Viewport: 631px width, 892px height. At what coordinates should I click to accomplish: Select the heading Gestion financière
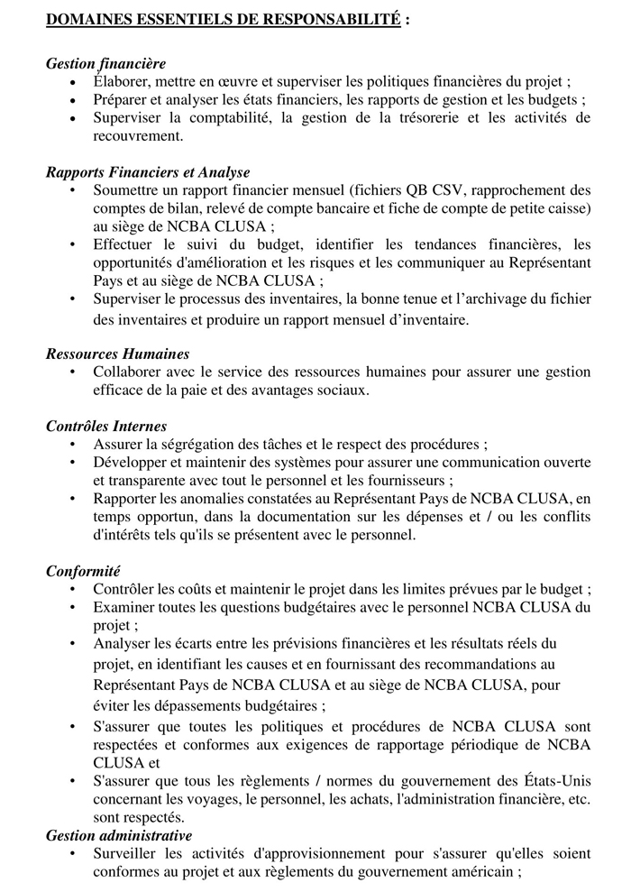click(105, 64)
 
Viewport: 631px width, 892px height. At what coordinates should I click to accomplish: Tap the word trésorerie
click(421, 118)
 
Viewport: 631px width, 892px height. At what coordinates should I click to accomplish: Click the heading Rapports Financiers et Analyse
click(148, 172)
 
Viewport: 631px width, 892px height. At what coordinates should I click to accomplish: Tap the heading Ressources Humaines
click(118, 354)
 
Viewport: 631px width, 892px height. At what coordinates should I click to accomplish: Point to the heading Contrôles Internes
click(106, 427)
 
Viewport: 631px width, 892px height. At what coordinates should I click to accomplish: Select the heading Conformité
click(83, 571)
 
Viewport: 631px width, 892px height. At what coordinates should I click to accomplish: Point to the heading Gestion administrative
click(119, 836)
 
